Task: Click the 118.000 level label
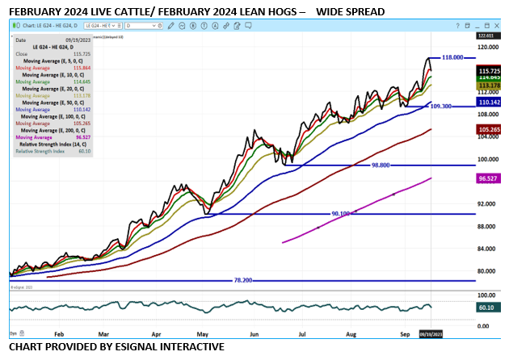[453, 58]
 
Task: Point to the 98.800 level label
[381, 165]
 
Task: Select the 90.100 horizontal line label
[341, 214]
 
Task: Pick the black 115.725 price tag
[490, 71]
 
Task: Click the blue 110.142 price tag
[490, 103]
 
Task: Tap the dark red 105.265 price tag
[490, 129]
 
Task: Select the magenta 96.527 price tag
[490, 178]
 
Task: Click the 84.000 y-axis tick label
[486, 249]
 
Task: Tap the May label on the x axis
[203, 333]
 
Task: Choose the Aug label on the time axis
[351, 333]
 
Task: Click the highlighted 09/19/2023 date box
[431, 333]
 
